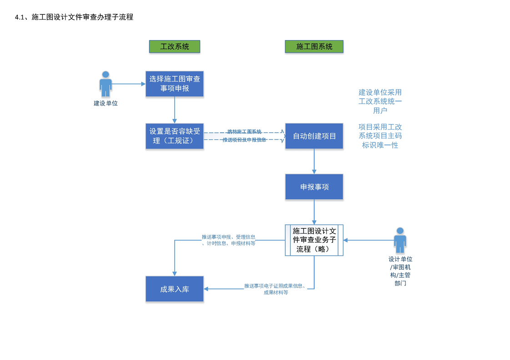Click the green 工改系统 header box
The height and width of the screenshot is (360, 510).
pos(175,46)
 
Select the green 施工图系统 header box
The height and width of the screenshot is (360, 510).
pos(314,46)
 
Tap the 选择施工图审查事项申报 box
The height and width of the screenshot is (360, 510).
pos(175,84)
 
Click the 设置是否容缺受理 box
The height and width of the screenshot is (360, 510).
pos(175,136)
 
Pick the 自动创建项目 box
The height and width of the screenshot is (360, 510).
pos(314,136)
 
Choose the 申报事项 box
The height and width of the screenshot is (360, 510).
pos(314,187)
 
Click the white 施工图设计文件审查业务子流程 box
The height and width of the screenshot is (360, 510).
pos(314,240)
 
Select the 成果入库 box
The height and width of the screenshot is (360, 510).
pos(175,289)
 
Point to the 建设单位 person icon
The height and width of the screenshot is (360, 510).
pos(106,84)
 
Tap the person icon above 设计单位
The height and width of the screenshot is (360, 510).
pos(400,240)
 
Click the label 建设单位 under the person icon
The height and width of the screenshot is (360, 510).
pos(106,104)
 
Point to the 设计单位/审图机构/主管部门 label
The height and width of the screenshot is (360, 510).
pos(400,271)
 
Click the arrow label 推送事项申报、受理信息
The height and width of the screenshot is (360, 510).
pos(228,240)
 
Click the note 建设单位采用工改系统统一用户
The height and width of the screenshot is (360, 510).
pos(380,101)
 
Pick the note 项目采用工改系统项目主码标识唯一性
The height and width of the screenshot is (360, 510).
pos(380,136)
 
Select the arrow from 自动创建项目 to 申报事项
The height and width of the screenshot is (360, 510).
pos(314,161)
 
